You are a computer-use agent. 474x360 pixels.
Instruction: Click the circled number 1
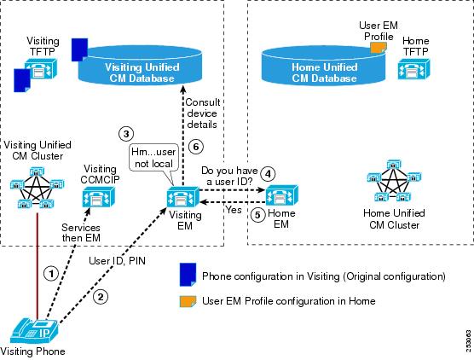click(51, 274)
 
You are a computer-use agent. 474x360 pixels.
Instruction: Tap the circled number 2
click(101, 297)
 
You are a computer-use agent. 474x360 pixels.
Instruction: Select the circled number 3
click(126, 134)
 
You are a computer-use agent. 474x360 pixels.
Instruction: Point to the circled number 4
click(268, 174)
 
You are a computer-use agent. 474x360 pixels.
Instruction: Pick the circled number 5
click(257, 215)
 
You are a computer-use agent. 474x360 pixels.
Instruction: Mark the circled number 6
click(196, 147)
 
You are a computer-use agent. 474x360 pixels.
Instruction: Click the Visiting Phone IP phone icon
click(34, 331)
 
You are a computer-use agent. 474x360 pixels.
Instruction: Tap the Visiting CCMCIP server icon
click(99, 196)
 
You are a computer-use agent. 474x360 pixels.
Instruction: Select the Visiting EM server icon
click(183, 197)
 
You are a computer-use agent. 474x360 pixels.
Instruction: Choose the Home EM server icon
click(281, 195)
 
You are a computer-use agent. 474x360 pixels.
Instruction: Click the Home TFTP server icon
click(413, 69)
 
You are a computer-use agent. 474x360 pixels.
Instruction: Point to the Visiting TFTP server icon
click(41, 68)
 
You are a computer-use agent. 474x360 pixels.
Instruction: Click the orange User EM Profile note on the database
click(379, 48)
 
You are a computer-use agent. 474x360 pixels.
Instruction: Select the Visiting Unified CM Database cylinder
click(140, 65)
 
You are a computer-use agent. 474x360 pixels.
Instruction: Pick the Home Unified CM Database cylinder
click(323, 66)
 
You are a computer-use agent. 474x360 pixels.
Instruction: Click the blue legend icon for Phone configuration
click(188, 275)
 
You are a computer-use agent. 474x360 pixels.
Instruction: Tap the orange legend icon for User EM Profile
click(188, 301)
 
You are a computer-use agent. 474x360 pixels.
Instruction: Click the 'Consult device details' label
click(202, 113)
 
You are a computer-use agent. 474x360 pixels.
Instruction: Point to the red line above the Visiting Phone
click(38, 266)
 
